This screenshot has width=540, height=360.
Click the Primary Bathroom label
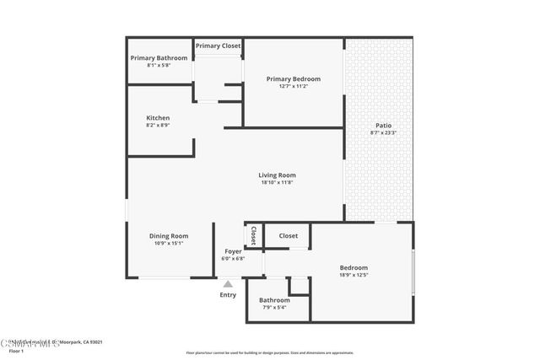158,58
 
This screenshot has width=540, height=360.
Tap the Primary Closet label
219,46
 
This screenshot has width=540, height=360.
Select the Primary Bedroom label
294,78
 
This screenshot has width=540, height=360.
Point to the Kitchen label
158,118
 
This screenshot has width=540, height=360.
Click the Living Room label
277,175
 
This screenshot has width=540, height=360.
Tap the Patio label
382,125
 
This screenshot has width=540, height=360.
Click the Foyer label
233,251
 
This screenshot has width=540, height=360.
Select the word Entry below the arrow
228,295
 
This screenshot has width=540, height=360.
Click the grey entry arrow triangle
228,284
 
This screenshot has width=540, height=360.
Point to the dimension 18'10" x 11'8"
277,183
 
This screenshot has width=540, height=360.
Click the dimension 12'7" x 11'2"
294,86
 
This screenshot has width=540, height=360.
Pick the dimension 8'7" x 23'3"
382,132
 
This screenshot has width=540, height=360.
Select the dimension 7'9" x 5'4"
274,308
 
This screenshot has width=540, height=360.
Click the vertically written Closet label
253,235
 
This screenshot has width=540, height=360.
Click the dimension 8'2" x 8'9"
158,126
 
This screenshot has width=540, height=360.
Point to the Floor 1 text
16,351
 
